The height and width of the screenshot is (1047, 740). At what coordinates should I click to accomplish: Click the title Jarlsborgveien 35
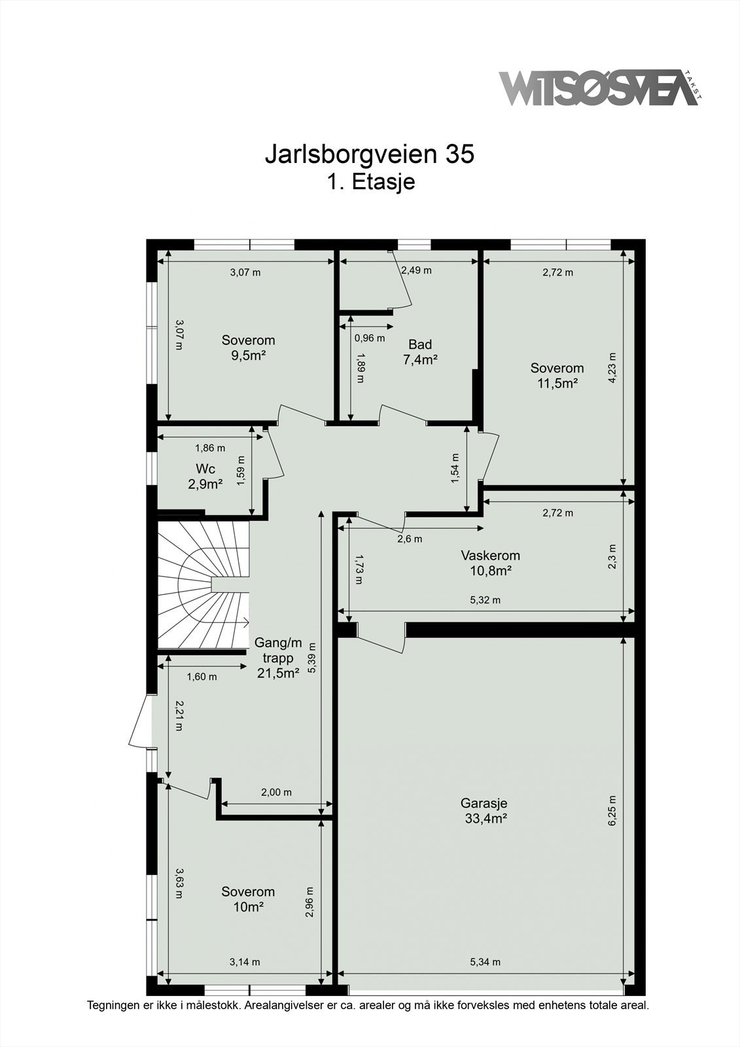pyautogui.click(x=369, y=154)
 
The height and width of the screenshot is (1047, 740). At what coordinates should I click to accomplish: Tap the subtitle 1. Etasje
pyautogui.click(x=371, y=182)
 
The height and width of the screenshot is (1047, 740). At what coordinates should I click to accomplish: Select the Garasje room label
pyautogui.click(x=484, y=803)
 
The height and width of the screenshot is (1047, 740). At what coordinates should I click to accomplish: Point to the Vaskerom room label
pyautogui.click(x=490, y=556)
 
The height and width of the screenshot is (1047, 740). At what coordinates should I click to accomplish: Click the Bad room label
pyautogui.click(x=420, y=344)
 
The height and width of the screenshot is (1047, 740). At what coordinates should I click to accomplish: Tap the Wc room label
pyautogui.click(x=205, y=469)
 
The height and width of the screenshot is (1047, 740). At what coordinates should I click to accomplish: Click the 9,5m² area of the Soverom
pyautogui.click(x=248, y=355)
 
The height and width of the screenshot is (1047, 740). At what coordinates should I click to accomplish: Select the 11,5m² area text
pyautogui.click(x=557, y=383)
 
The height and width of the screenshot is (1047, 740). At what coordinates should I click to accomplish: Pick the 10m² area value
pyautogui.click(x=248, y=907)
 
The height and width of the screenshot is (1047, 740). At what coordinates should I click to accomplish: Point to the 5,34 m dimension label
pyautogui.click(x=485, y=961)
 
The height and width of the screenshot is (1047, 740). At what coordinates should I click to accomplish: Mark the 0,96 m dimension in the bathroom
pyautogui.click(x=370, y=338)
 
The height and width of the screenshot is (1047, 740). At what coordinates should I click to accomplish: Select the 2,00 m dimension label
pyautogui.click(x=276, y=792)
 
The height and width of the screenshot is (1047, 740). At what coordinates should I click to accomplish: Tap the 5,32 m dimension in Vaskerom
pyautogui.click(x=485, y=600)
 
